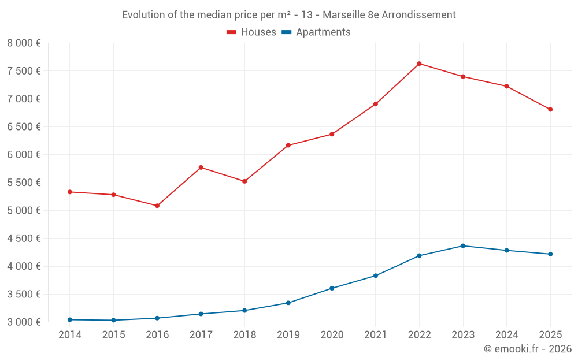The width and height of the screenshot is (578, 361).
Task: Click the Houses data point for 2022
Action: coord(419,64)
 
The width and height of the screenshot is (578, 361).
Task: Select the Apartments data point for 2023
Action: coord(463,246)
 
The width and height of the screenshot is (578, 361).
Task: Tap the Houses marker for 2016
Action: coord(157,206)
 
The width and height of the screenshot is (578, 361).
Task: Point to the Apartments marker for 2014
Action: coord(69,319)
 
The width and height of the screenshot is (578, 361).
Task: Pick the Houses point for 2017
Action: coord(201,168)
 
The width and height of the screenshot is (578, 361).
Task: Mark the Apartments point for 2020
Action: coord(332,288)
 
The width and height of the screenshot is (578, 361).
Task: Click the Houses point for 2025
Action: coord(550,109)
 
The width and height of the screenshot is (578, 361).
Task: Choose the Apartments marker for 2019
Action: coord(288,303)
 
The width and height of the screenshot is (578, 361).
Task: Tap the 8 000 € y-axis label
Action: coord(24,43)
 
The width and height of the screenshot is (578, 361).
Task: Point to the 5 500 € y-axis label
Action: coord(24,183)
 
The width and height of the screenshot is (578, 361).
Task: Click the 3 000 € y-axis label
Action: coord(24,322)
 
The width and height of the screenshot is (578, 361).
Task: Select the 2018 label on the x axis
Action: coord(244,335)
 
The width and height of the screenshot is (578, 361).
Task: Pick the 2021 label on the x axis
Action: coord(376,335)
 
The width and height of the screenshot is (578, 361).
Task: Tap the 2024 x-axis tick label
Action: coord(507,335)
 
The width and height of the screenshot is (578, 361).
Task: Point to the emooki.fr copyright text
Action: coord(528,349)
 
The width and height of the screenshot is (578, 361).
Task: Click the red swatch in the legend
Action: coord(231,32)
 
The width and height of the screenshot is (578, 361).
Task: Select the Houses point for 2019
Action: coord(288,145)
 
